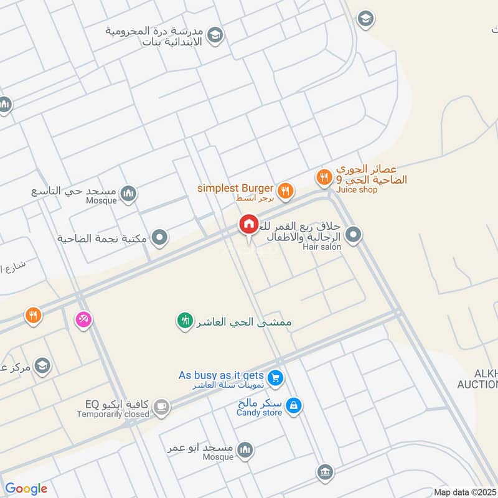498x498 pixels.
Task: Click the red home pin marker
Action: click(248, 224)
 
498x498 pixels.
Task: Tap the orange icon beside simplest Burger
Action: click(285, 191)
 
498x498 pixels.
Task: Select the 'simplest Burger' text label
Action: click(235, 188)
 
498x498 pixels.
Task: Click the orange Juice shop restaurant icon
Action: click(323, 179)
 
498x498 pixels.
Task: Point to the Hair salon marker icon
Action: click(353, 235)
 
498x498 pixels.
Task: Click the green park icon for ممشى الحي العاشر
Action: click(185, 321)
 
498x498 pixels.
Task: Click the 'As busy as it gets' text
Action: click(221, 375)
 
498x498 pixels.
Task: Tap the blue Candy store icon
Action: click(294, 406)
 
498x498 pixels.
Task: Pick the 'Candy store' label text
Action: click(260, 413)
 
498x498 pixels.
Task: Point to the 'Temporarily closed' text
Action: click(113, 414)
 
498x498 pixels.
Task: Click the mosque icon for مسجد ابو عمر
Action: click(246, 449)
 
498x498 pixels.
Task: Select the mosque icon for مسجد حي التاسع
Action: click(128, 194)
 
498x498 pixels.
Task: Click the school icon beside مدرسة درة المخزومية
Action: click(215, 35)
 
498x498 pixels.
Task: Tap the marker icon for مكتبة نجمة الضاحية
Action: click(160, 237)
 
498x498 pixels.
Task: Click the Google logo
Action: click(26, 489)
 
